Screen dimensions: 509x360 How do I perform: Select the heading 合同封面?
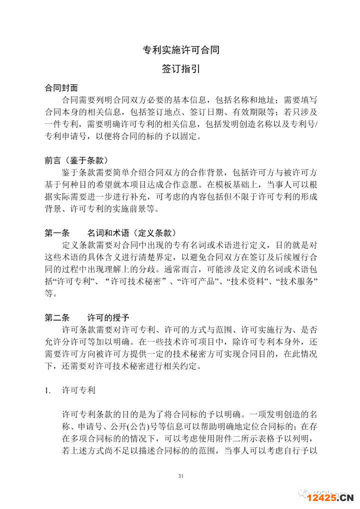click(x=61, y=88)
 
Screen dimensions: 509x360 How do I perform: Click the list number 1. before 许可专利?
click(x=48, y=388)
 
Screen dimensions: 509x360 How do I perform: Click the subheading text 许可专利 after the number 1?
click(x=78, y=388)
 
